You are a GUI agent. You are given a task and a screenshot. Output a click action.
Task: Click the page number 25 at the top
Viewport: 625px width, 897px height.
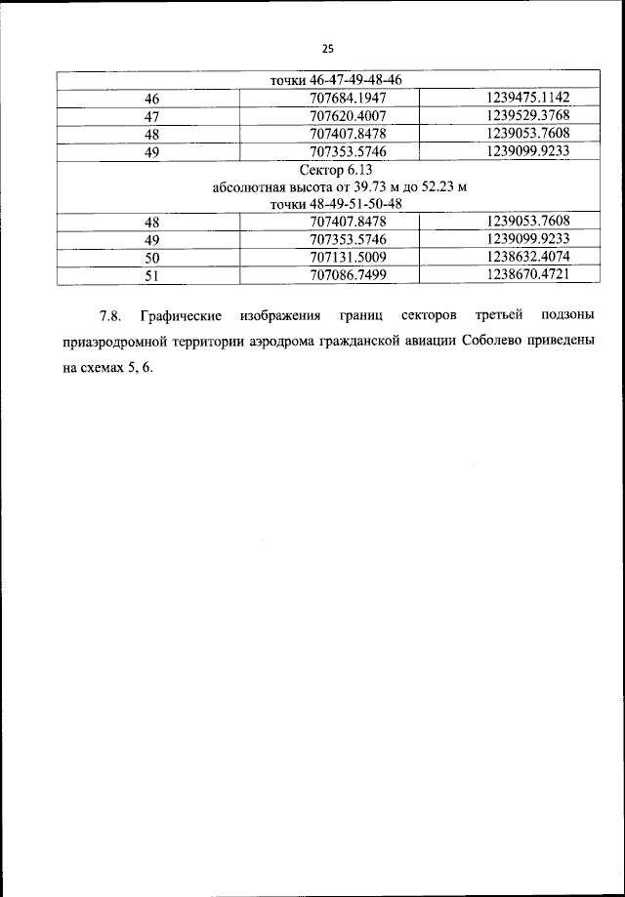tap(327, 50)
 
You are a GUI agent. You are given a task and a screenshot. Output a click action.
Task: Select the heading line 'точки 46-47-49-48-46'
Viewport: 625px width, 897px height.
tap(327, 80)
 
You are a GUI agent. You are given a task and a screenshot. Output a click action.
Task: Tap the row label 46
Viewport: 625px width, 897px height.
tap(151, 98)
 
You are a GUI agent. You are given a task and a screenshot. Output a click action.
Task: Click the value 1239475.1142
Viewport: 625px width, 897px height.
tap(526, 97)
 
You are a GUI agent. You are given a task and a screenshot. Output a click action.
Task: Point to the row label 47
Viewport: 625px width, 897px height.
tap(151, 116)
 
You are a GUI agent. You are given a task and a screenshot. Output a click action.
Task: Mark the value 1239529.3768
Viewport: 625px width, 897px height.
tap(526, 115)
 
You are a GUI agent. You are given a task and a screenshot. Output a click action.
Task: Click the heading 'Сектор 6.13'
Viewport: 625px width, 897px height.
tap(327, 170)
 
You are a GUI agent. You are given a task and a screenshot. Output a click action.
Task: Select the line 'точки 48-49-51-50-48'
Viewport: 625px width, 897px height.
tap(327, 203)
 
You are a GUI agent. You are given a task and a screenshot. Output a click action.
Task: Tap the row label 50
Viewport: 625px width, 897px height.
tap(151, 258)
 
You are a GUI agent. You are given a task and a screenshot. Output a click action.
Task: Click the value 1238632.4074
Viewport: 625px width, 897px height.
tap(526, 257)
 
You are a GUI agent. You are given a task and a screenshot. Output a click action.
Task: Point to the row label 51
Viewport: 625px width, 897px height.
tap(151, 276)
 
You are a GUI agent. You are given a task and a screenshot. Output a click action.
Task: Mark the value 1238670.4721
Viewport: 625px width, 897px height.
tap(526, 275)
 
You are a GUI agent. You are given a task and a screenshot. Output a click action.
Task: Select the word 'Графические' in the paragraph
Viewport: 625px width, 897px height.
tap(182, 317)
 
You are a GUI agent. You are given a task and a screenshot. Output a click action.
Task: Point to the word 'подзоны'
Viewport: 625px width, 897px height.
tap(567, 317)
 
